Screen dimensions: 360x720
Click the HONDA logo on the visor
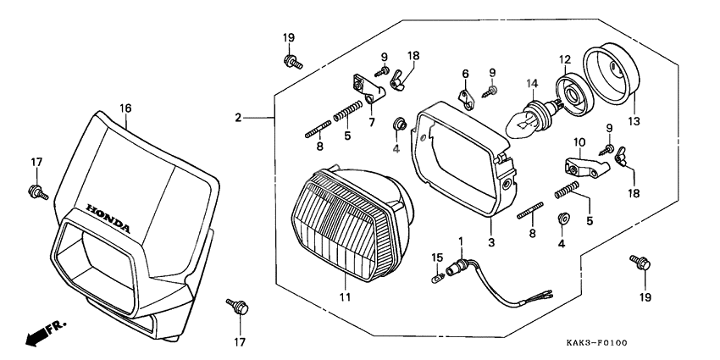[x=108, y=218]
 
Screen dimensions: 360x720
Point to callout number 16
[x=125, y=108]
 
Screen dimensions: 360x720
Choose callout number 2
[x=239, y=117]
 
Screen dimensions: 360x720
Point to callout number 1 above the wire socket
[x=462, y=241]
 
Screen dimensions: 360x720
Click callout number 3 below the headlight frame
[x=490, y=241]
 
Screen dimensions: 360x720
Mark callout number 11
[x=345, y=297]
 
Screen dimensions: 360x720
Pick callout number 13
[x=633, y=121]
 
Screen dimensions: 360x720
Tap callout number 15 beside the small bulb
[x=437, y=256]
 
